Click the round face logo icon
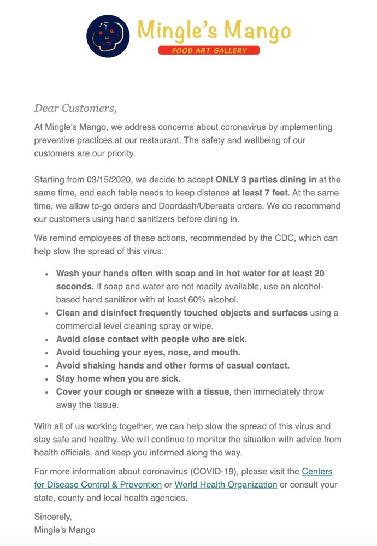tap(108, 35)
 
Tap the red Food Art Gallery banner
tap(209, 50)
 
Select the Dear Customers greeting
tap(75, 108)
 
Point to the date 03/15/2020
tap(109, 180)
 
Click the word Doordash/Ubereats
tap(205, 206)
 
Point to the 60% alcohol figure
tap(217, 299)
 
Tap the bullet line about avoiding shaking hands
tap(173, 365)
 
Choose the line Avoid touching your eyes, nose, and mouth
tap(148, 352)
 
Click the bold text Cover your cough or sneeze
tap(142, 391)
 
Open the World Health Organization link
tap(226, 484)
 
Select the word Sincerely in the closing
tap(53, 516)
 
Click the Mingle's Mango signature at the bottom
tap(64, 530)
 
